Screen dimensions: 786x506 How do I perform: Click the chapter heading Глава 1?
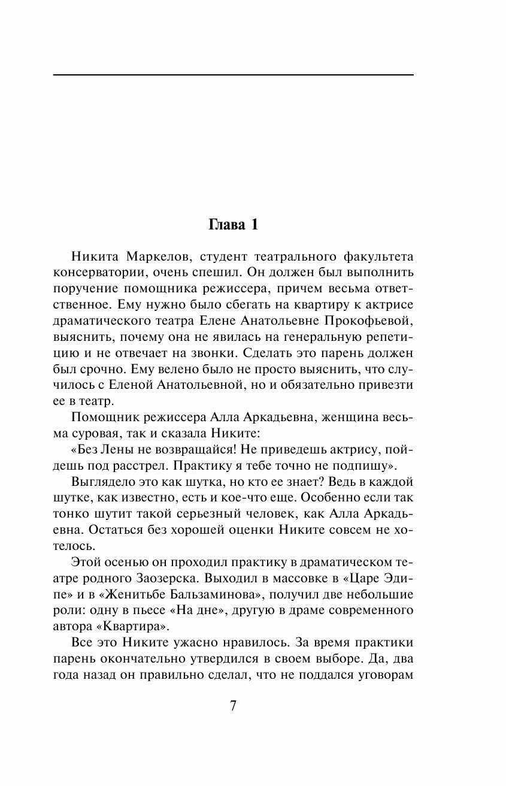(x=233, y=225)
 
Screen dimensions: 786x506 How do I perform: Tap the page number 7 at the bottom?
(x=234, y=705)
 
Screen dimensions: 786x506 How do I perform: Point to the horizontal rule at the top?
(x=233, y=75)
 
